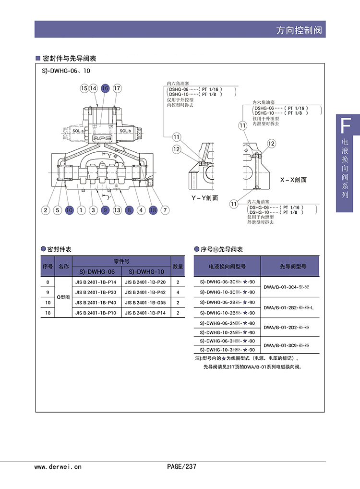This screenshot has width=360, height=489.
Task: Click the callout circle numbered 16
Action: (x=105, y=88)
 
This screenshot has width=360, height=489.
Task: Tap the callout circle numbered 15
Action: (x=84, y=88)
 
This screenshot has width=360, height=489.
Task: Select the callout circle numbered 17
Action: (x=117, y=88)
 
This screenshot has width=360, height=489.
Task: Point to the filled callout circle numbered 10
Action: (x=69, y=209)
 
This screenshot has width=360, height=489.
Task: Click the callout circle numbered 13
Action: (x=117, y=209)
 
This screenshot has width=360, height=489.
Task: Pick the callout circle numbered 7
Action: (x=165, y=209)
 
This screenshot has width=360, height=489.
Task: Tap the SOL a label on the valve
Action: (x=78, y=131)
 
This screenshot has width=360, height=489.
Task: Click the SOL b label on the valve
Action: (x=125, y=131)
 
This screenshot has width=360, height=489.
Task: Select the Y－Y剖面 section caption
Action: (x=204, y=197)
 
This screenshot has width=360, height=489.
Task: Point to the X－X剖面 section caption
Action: (x=293, y=180)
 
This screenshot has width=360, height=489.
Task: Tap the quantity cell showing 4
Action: (x=178, y=293)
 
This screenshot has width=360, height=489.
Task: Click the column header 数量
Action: (x=178, y=266)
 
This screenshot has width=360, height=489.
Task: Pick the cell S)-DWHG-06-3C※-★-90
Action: (x=227, y=282)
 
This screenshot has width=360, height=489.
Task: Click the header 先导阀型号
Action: (x=289, y=266)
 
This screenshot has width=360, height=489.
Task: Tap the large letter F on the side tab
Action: (x=344, y=126)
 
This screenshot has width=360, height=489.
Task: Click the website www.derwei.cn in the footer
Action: (x=58, y=466)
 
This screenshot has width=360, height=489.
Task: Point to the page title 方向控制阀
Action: (x=299, y=30)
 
